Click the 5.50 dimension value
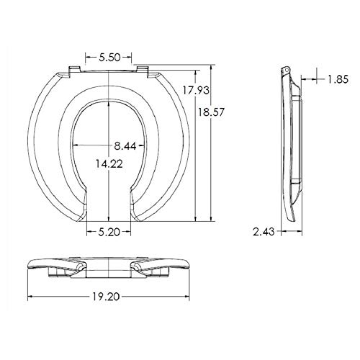click(109, 58)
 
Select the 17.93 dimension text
click(196, 90)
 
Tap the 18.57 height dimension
click(210, 112)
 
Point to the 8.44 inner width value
click(125, 145)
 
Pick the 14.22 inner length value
click(109, 164)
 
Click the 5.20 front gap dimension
click(109, 232)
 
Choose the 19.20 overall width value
click(106, 297)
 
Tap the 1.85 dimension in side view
click(338, 79)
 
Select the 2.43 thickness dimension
click(264, 232)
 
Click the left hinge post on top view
click(74, 71)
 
